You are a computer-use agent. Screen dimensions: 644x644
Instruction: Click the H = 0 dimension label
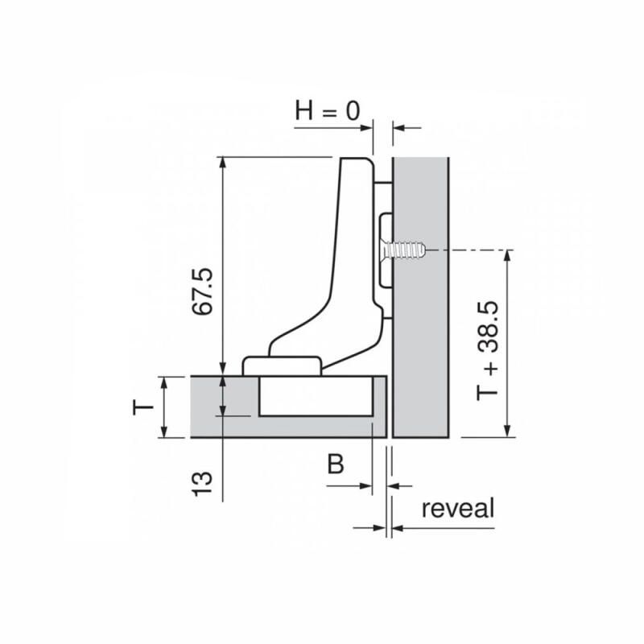pos(328,111)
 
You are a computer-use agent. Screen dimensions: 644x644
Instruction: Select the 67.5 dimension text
pos(204,291)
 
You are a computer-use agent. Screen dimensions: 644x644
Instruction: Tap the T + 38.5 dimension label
pos(488,350)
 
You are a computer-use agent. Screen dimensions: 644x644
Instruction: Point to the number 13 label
pos(203,484)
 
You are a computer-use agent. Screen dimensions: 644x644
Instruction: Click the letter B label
pos(336,464)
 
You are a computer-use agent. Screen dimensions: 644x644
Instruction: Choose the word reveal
pos(458,508)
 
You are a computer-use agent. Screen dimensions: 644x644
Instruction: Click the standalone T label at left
pos(143,408)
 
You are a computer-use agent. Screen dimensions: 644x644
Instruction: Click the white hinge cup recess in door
pos(316,396)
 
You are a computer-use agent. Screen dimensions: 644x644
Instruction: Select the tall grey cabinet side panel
pos(420,297)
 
